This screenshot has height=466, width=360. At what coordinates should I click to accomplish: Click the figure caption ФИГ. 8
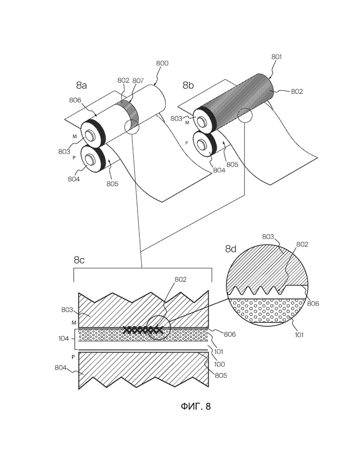pyautogui.click(x=196, y=406)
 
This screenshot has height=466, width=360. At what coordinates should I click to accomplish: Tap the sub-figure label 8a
pyautogui.click(x=81, y=86)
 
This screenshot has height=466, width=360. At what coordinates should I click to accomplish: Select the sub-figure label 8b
pyautogui.click(x=188, y=86)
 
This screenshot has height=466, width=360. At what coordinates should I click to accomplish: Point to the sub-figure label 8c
pyautogui.click(x=79, y=260)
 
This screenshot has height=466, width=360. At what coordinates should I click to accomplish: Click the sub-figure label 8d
pyautogui.click(x=231, y=249)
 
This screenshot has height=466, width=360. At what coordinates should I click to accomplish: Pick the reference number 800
pyautogui.click(x=162, y=63)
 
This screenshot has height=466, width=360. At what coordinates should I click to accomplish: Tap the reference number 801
pyautogui.click(x=276, y=56)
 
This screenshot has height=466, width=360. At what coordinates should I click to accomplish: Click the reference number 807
pyautogui.click(x=138, y=81)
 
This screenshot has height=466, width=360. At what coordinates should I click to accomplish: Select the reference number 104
pyautogui.click(x=64, y=339)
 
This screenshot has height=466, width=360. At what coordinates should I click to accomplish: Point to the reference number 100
pyautogui.click(x=219, y=364)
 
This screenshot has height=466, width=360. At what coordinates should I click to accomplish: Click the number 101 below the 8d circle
pyautogui.click(x=299, y=335)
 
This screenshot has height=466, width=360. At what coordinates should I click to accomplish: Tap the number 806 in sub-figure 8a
pyautogui.click(x=75, y=100)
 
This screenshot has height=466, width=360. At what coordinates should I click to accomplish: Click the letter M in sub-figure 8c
pyautogui.click(x=74, y=323)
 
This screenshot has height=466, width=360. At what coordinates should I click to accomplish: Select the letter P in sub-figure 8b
pyautogui.click(x=186, y=143)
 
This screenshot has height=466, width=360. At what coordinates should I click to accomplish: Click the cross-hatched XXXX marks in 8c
pyautogui.click(x=143, y=329)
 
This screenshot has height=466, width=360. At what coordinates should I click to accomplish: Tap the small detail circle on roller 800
pyautogui.click(x=132, y=127)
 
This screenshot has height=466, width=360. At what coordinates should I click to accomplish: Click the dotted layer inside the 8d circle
pyautogui.click(x=268, y=310)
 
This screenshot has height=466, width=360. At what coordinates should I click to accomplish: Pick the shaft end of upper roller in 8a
pyautogui.click(x=90, y=136)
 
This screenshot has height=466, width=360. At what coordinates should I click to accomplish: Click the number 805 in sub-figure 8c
pyautogui.click(x=221, y=376)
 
